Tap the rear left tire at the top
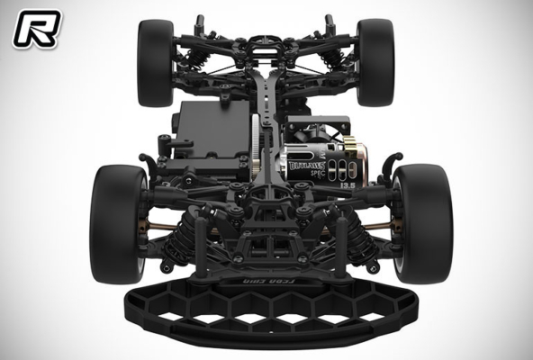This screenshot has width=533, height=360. point(155,63)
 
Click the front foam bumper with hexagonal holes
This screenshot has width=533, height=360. point(266,310)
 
